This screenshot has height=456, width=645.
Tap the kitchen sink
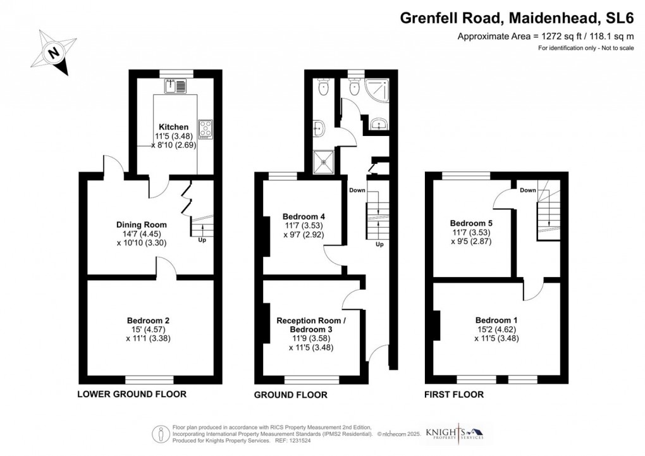176,84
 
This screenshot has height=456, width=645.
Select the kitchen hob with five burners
207,129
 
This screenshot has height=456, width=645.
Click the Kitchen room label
173,127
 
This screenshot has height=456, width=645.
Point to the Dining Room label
142,224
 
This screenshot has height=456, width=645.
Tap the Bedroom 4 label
304,217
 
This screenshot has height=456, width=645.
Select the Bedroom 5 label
471,223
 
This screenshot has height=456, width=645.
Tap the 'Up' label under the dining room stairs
202,240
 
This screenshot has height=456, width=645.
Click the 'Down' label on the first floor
528,190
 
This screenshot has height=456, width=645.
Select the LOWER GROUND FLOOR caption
132,394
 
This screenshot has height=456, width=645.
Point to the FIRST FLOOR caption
453,395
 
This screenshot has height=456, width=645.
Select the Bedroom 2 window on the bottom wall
149,379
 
